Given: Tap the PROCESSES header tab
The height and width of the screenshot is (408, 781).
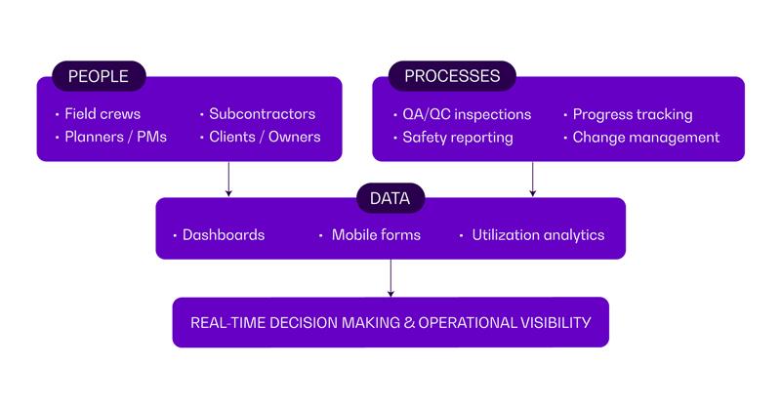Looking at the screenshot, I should (x=452, y=76).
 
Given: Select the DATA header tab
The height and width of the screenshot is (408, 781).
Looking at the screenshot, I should (x=390, y=198).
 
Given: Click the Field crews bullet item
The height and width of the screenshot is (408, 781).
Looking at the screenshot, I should (x=102, y=114).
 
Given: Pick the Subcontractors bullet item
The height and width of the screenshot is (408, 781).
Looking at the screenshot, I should (x=262, y=114).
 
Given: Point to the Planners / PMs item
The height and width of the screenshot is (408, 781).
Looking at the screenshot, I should (x=115, y=137).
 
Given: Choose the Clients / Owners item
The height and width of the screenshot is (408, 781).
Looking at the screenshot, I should (x=265, y=137).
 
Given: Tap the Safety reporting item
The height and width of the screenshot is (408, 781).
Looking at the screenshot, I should (x=457, y=138).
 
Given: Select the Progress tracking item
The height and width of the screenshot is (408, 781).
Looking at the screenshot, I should (x=632, y=114).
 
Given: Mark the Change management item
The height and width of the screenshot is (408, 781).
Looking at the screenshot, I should (x=645, y=138).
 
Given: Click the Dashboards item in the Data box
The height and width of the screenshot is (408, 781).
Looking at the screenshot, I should (x=223, y=235).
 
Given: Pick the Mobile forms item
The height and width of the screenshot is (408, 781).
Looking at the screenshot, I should (x=376, y=235).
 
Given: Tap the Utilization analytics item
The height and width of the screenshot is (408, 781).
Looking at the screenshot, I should (x=537, y=235).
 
